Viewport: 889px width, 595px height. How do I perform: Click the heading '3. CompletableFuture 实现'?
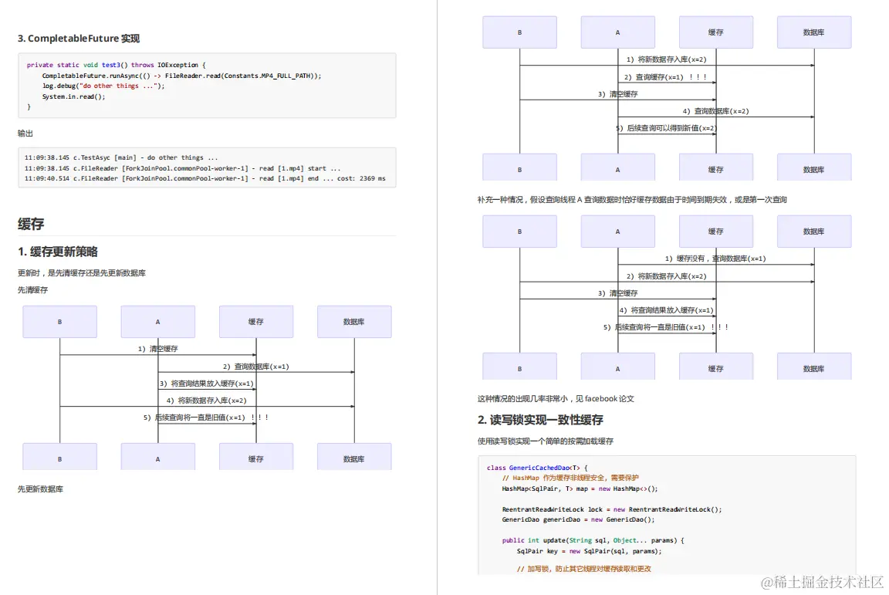(79, 39)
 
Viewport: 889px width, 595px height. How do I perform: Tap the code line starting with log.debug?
(103, 86)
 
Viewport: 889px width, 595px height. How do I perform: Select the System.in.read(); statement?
(73, 96)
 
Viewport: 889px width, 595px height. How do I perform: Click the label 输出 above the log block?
(25, 134)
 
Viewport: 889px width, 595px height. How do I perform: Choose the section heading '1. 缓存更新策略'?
(58, 252)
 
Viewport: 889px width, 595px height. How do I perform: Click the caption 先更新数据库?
(40, 489)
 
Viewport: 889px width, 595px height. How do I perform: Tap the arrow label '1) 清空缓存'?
(157, 349)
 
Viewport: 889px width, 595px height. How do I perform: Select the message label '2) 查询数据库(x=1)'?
(255, 367)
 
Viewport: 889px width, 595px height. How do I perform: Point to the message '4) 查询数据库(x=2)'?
(715, 111)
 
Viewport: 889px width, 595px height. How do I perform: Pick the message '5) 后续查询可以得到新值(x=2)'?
(666, 128)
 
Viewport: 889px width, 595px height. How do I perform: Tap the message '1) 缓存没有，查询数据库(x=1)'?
(715, 259)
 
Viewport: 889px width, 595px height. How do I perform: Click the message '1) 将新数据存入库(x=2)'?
(666, 59)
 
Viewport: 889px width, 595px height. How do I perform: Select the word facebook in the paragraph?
(602, 399)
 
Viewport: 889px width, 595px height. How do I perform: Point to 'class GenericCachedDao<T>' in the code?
(537, 468)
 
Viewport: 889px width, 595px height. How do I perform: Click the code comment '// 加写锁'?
(532, 569)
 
